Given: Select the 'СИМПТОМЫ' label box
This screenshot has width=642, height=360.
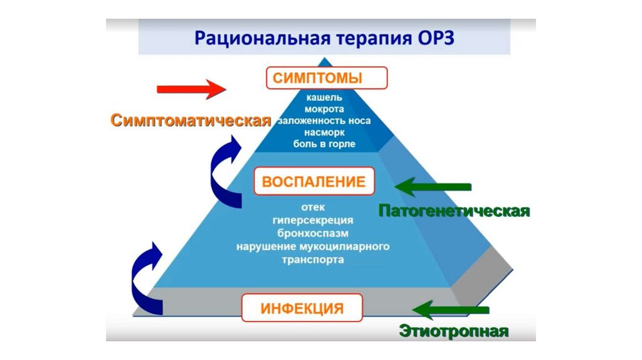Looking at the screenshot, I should point(326,79).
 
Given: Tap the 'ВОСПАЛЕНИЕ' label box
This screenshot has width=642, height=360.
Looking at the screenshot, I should point(313,182).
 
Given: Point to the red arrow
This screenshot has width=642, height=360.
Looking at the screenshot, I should point(191,89).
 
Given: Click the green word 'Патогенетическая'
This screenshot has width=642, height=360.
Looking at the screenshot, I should point(455,210).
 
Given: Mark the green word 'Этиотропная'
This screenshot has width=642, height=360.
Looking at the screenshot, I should point(453,331).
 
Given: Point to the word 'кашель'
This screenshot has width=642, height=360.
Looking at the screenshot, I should point(324,98).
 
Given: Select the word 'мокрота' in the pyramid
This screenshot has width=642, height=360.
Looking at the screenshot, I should point(324,109).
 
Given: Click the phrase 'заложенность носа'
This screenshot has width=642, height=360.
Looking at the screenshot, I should point(324,120).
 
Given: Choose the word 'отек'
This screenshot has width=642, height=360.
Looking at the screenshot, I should point(313,207).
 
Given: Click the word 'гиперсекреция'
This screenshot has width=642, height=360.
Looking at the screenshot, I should point(313,220).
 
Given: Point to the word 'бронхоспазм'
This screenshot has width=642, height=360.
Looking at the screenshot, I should point(313,233).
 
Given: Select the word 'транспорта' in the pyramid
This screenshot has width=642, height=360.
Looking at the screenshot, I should point(313,260).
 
